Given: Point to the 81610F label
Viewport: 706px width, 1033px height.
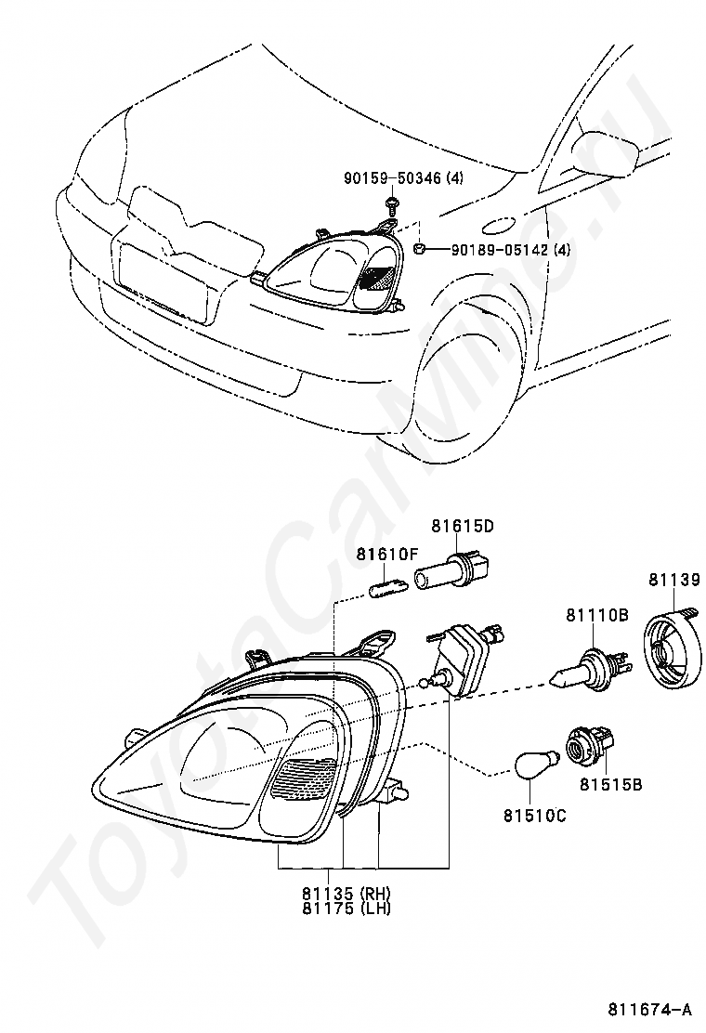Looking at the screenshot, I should pos(388,555).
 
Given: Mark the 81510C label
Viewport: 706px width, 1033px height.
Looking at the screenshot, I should pos(535,816).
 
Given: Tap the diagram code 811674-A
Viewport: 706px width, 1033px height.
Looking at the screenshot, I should pos(650,1009).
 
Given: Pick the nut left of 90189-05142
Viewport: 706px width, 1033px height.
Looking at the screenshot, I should pos(420,248).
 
